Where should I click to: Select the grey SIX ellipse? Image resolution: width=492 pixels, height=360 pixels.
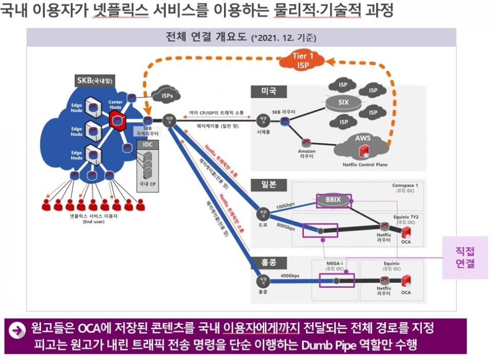[343, 102]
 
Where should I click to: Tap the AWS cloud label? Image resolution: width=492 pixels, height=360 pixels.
[363, 139]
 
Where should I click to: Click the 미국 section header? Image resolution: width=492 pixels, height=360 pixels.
[265, 91]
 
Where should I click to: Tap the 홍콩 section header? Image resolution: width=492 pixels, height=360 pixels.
[265, 263]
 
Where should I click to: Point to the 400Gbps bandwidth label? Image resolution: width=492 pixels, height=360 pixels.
[291, 276]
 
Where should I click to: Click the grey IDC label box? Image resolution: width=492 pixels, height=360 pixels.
[148, 145]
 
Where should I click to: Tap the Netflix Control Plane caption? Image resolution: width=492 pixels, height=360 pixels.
[365, 165]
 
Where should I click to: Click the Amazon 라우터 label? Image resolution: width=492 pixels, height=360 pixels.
[306, 154]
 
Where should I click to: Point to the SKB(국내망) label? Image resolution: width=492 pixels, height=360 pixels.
[95, 81]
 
